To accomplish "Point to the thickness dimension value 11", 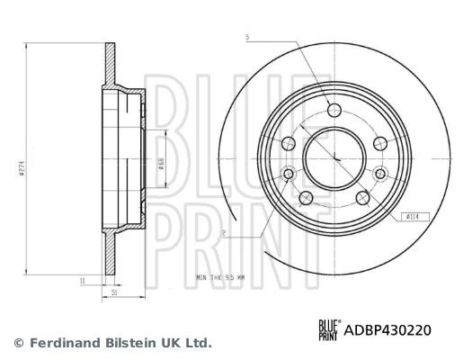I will [82, 281].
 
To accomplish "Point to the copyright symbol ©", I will [19, 342].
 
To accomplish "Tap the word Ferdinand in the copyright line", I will [63, 342].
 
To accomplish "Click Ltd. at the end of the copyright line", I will [198, 342].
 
